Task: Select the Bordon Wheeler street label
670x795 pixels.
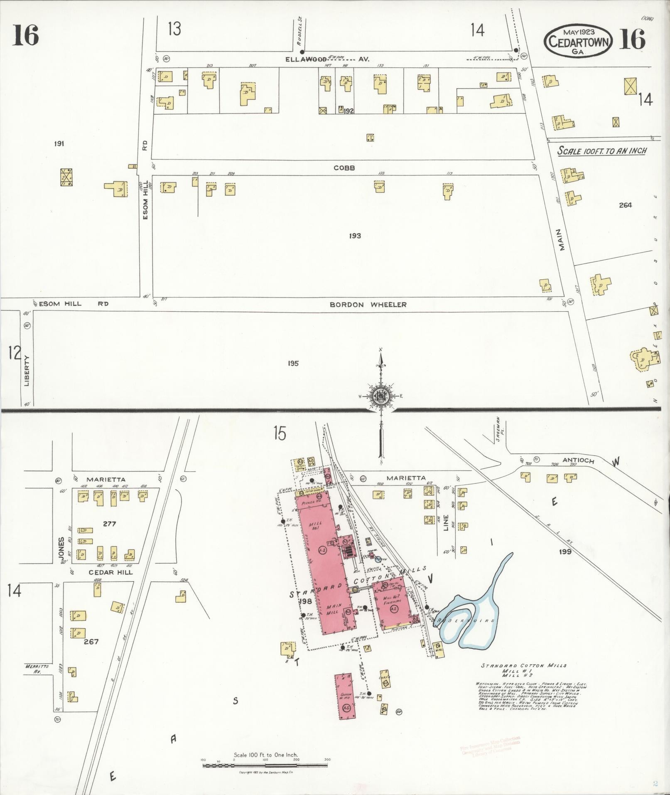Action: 368,305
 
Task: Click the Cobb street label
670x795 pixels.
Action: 344,168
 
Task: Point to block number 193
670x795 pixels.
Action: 355,236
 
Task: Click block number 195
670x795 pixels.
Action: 293,364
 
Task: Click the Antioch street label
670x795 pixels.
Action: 578,461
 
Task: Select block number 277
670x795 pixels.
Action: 109,524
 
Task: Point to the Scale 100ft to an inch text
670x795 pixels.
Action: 601,151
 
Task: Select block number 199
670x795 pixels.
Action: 565,552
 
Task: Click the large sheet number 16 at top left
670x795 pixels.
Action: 25,35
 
